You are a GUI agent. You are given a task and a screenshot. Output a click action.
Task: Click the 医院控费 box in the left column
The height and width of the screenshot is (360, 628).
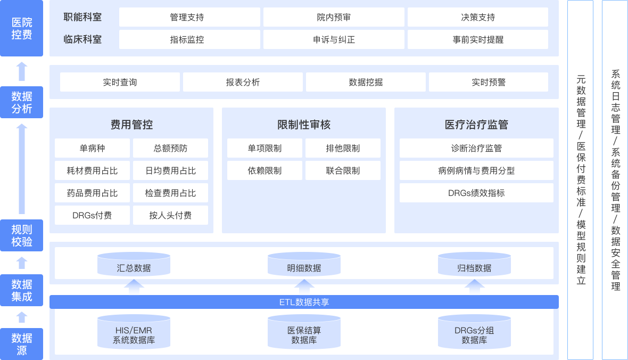[22, 29]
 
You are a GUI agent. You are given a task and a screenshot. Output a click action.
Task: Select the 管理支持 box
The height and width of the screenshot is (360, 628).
[189, 17]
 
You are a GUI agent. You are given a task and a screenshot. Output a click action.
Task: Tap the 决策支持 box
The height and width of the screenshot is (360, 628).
[477, 17]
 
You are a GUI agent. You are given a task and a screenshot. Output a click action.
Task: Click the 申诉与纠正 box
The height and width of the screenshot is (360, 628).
[334, 39]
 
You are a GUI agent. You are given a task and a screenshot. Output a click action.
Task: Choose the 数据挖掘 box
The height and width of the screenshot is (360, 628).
[366, 82]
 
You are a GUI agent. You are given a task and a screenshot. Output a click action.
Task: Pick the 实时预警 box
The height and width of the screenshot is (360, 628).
[488, 82]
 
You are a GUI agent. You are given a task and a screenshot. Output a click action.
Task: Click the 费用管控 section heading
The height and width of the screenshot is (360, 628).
[131, 125]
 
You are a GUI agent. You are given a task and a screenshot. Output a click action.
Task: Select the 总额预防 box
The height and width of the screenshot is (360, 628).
[170, 148]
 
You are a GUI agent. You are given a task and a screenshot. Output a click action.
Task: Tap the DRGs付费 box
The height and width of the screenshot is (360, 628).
[92, 215]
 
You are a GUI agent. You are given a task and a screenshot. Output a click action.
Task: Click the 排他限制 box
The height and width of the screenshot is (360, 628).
[343, 148]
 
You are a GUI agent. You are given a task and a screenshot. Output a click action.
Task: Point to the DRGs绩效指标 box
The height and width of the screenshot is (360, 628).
[476, 193]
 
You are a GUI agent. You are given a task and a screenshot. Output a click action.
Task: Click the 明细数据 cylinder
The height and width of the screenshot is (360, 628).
[304, 265]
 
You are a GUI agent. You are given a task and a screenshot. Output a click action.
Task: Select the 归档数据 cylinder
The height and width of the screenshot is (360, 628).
[474, 265]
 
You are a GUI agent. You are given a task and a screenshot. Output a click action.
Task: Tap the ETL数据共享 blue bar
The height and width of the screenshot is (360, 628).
[304, 302]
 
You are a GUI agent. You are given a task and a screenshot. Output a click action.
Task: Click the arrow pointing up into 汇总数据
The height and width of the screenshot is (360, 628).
[134, 287]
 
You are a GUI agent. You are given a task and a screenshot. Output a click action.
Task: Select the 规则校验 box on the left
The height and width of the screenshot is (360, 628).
[22, 236]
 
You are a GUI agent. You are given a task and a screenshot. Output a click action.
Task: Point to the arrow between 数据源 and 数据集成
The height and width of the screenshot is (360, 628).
[22, 317]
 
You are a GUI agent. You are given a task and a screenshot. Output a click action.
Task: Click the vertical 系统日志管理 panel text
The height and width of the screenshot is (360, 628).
[615, 180]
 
